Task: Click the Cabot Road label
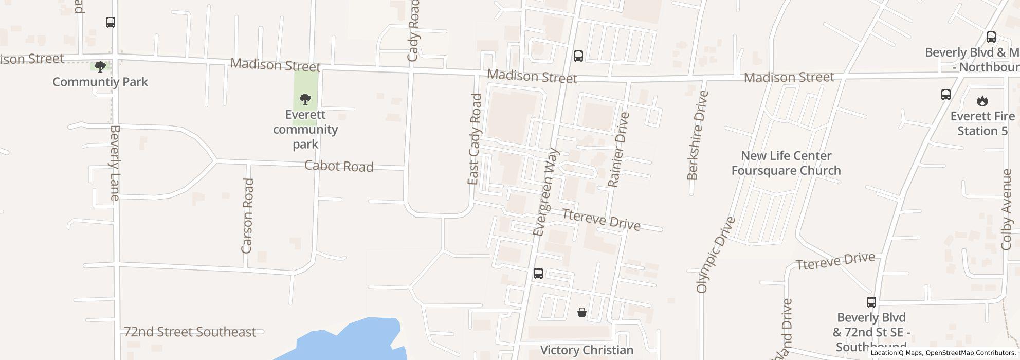click(x=338, y=166)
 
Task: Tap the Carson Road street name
click(x=247, y=215)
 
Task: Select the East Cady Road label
click(x=474, y=139)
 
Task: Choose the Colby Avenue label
click(x=1007, y=210)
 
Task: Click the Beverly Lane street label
click(x=114, y=163)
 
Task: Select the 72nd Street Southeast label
click(x=190, y=332)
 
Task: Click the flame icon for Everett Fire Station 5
click(x=982, y=101)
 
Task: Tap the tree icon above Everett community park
click(x=305, y=99)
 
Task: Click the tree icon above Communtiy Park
click(x=100, y=66)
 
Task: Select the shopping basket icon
click(x=581, y=312)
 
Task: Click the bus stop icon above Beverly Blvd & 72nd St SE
click(x=871, y=302)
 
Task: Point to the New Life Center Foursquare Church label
click(x=786, y=163)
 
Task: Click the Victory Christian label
click(x=587, y=350)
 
